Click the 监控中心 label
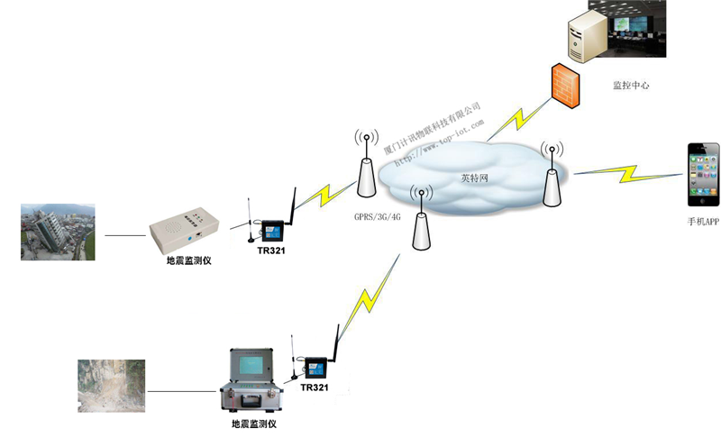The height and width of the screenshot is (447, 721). point(631,86)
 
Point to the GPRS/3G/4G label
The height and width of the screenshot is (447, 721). point(376,217)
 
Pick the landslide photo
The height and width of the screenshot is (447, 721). point(111,387)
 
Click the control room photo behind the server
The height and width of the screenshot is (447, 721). point(631,29)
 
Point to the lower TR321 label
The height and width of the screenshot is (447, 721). point(314,387)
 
